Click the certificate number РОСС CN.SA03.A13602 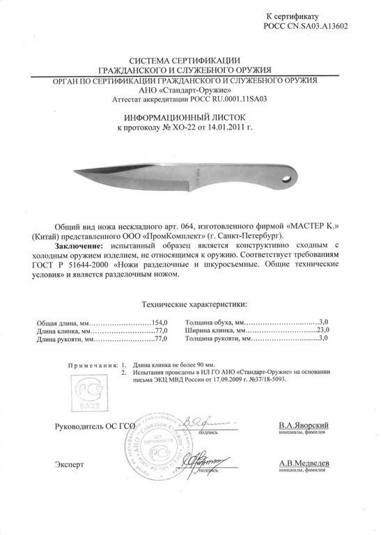click(x=306, y=25)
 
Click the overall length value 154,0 click(x=161, y=323)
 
